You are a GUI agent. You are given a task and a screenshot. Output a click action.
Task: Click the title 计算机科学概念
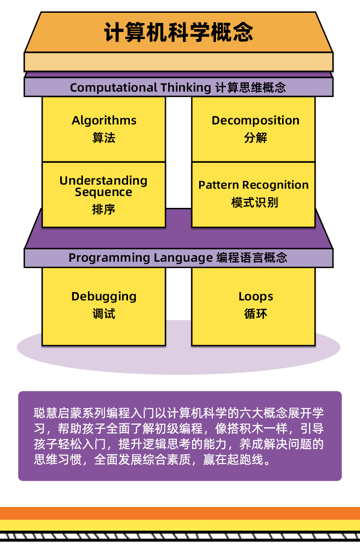point(179,33)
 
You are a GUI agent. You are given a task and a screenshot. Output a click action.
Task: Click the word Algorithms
point(104,120)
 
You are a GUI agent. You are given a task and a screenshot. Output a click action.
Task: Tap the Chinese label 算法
point(104,138)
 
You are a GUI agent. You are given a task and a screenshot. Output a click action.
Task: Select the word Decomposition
point(255,120)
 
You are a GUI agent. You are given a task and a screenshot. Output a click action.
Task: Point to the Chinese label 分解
point(255,138)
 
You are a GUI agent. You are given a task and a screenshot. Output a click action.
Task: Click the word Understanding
point(103,181)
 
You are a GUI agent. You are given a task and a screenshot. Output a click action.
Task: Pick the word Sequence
point(103,192)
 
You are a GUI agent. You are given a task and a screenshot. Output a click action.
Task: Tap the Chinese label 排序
point(104,209)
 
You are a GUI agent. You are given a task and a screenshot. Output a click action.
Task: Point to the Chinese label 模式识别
point(254,202)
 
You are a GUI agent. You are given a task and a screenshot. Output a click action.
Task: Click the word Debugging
point(104,297)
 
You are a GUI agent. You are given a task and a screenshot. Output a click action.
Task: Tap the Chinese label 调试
point(104,314)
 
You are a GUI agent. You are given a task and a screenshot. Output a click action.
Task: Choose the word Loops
point(256,297)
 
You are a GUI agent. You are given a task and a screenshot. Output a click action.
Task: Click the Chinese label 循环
point(256,314)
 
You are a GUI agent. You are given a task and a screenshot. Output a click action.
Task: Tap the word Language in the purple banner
point(183,258)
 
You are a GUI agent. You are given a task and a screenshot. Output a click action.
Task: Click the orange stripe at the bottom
point(180,513)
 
